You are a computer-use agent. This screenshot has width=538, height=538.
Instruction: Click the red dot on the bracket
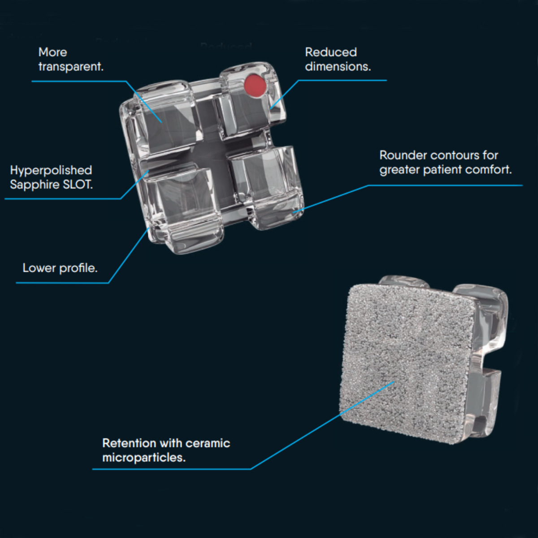coord(255,85)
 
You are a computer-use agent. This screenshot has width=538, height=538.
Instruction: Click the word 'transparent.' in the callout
coord(71,67)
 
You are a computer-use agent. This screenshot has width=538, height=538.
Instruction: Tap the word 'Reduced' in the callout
coord(331,52)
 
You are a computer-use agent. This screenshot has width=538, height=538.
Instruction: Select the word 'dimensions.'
coord(338,67)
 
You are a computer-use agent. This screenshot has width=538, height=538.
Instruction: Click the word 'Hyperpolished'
coord(51,170)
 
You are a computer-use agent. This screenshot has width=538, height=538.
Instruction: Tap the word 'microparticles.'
coord(144,458)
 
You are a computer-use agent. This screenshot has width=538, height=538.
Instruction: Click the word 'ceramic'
coord(208,443)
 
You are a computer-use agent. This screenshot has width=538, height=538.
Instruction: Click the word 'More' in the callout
coord(53,52)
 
